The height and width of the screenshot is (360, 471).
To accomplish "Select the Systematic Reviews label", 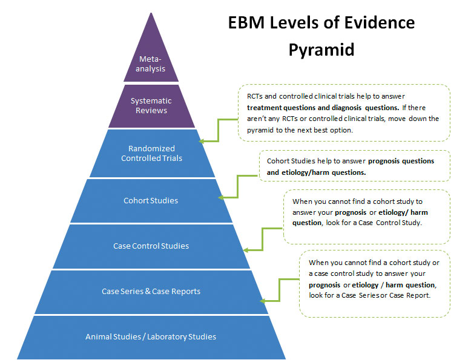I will click(x=151, y=105).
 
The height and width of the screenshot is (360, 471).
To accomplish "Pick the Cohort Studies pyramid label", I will click(x=151, y=200).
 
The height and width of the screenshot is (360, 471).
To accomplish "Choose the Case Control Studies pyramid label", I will click(x=151, y=246).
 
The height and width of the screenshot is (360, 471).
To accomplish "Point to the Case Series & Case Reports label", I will click(x=151, y=291).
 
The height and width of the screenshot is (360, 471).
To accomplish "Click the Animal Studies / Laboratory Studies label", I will click(x=151, y=336).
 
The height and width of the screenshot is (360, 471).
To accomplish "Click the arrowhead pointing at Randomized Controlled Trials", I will click(x=202, y=141).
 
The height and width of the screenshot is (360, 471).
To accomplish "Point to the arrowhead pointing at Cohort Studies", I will click(x=222, y=197).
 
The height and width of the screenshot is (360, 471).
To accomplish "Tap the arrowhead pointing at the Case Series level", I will click(x=263, y=299).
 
